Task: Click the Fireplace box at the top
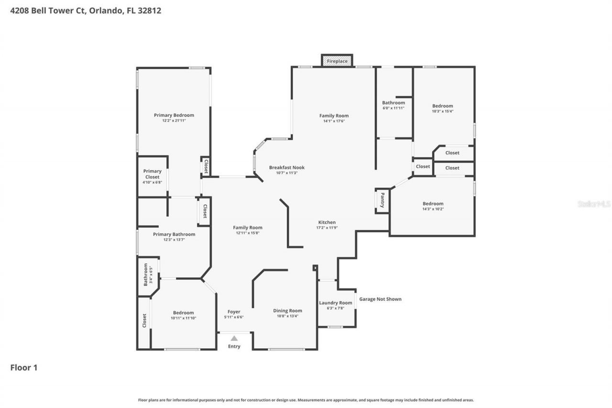pos(337,61)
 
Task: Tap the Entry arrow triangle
pos(234,338)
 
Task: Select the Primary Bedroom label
pos(174,115)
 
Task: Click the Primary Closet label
pos(153,174)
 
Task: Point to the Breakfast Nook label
pos(286,167)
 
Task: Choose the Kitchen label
pos(327,222)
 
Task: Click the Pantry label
pos(382,200)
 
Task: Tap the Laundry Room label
pos(336,303)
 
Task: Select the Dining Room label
pos(287,310)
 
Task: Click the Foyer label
pos(234,311)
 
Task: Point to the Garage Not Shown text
pos(380,299)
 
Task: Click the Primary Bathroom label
pos(174,234)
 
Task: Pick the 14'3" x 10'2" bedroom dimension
pos(433,209)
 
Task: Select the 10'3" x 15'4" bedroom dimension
pos(442,111)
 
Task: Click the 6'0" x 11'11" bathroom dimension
pos(393,108)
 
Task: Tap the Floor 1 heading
pos(24,367)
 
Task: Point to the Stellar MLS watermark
pos(594,204)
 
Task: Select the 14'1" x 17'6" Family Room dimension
pos(334,121)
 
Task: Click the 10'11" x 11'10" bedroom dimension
pos(183,318)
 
